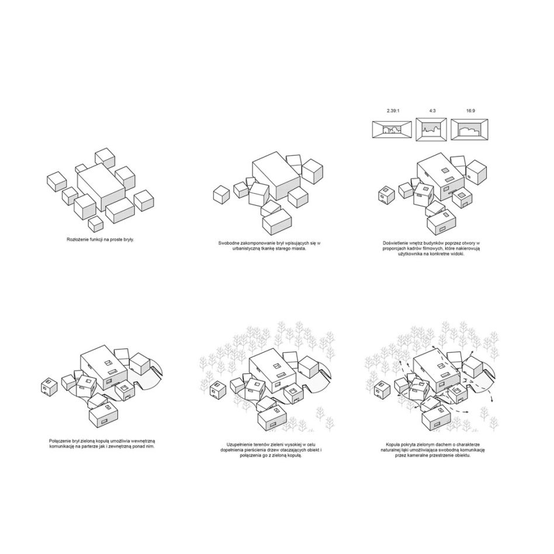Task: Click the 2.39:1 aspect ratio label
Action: point(393,111)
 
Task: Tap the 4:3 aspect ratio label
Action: point(432,111)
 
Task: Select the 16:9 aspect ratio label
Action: point(470,111)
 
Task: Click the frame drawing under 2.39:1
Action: point(392,129)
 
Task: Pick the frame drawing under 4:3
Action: point(431,130)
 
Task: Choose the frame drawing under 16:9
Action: point(470,129)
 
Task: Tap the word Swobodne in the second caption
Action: point(228,244)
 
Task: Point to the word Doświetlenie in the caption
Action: point(394,244)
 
